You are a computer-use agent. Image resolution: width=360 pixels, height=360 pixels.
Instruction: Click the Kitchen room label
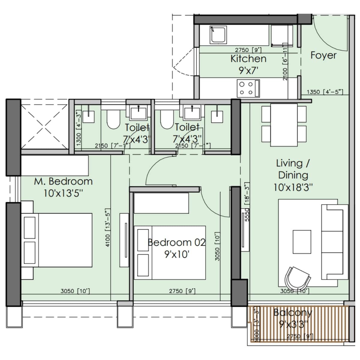click(x=248, y=59)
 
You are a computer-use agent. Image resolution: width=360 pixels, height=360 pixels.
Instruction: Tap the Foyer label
click(x=323, y=55)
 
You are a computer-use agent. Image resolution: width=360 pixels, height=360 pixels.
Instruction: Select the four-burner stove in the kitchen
click(x=248, y=88)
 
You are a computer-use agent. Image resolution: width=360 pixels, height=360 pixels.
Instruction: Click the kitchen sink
click(x=218, y=35)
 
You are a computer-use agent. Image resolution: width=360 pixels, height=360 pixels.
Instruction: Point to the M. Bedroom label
click(x=63, y=181)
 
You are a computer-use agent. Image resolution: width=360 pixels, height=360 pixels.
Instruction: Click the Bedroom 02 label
click(x=177, y=242)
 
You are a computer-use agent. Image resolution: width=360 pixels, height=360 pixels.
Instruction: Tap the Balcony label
click(x=292, y=313)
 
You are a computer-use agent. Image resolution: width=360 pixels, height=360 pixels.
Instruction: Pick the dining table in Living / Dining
click(x=284, y=125)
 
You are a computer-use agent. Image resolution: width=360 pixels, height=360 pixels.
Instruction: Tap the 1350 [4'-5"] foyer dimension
click(x=325, y=92)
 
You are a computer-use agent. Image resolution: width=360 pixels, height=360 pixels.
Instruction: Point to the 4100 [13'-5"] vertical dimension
click(x=108, y=228)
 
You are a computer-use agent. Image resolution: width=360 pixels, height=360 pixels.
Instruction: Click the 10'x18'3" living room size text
click(x=293, y=187)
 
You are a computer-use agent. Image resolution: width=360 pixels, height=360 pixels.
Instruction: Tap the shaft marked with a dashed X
click(x=44, y=126)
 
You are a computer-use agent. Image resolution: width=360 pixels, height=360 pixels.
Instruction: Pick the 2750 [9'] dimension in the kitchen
click(x=248, y=50)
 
